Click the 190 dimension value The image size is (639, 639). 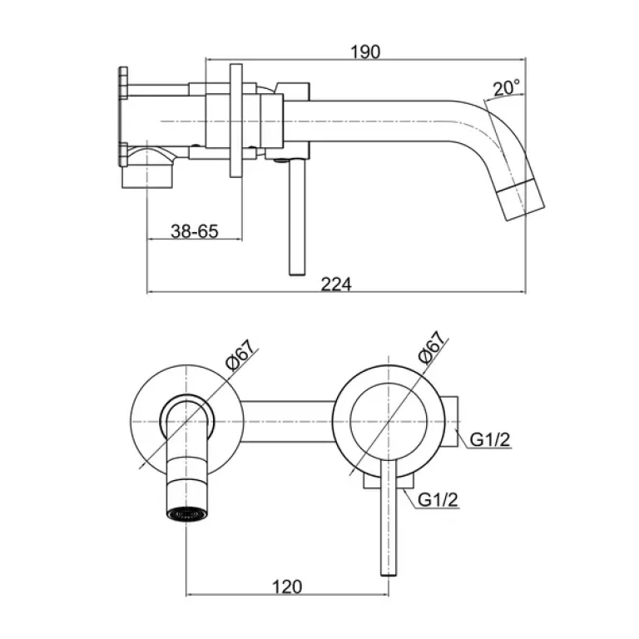click(x=365, y=52)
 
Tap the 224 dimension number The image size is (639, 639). click(x=336, y=284)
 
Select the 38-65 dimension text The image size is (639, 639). click(x=195, y=231)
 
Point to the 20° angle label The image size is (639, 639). click(x=507, y=87)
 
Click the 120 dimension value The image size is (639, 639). click(x=287, y=587)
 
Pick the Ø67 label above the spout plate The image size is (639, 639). click(x=241, y=354)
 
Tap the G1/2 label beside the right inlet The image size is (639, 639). click(x=490, y=439)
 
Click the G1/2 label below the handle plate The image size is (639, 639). click(x=438, y=499)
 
